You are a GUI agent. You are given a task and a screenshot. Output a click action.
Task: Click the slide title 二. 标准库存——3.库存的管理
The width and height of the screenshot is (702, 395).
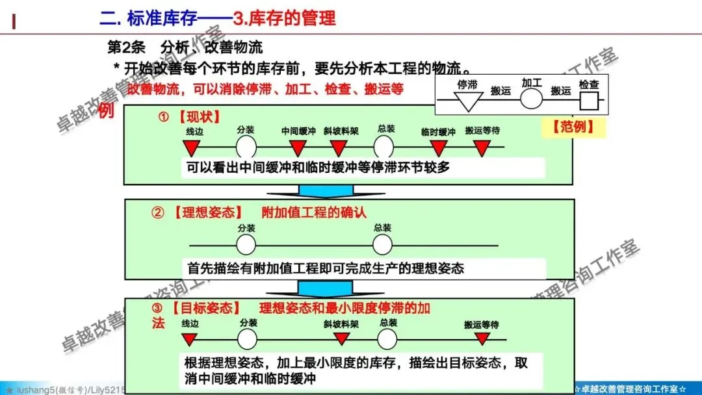tap(217, 18)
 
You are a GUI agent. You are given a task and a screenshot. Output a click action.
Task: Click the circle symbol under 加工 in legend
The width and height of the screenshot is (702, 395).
tap(531, 99)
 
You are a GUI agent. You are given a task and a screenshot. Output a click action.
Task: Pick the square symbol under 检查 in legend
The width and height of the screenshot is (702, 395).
tap(589, 100)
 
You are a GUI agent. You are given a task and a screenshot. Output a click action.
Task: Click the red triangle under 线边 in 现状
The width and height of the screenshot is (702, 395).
tap(194, 147)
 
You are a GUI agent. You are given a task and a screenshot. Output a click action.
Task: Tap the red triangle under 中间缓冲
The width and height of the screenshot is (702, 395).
tap(298, 147)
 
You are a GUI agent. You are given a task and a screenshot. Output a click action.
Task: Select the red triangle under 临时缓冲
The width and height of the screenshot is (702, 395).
tap(438, 147)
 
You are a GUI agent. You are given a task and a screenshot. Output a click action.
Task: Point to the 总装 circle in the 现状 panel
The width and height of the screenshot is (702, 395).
tap(384, 146)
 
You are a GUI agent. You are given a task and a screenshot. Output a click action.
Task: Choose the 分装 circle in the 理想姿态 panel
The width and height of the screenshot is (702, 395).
tap(246, 245)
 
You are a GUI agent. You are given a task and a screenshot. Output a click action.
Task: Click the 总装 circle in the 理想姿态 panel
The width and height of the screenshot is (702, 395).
tap(383, 245)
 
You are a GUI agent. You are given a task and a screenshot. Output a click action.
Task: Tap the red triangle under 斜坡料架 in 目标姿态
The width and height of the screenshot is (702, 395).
tap(342, 338)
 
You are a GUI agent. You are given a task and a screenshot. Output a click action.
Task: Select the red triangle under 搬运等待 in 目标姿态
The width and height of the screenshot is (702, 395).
tap(482, 338)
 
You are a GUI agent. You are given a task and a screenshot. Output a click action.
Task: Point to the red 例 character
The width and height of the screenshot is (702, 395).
tap(107, 110)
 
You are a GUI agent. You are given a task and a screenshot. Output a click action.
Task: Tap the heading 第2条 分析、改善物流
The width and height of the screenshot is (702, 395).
tap(185, 47)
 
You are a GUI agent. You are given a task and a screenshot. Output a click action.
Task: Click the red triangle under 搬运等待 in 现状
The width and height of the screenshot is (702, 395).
tap(482, 147)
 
